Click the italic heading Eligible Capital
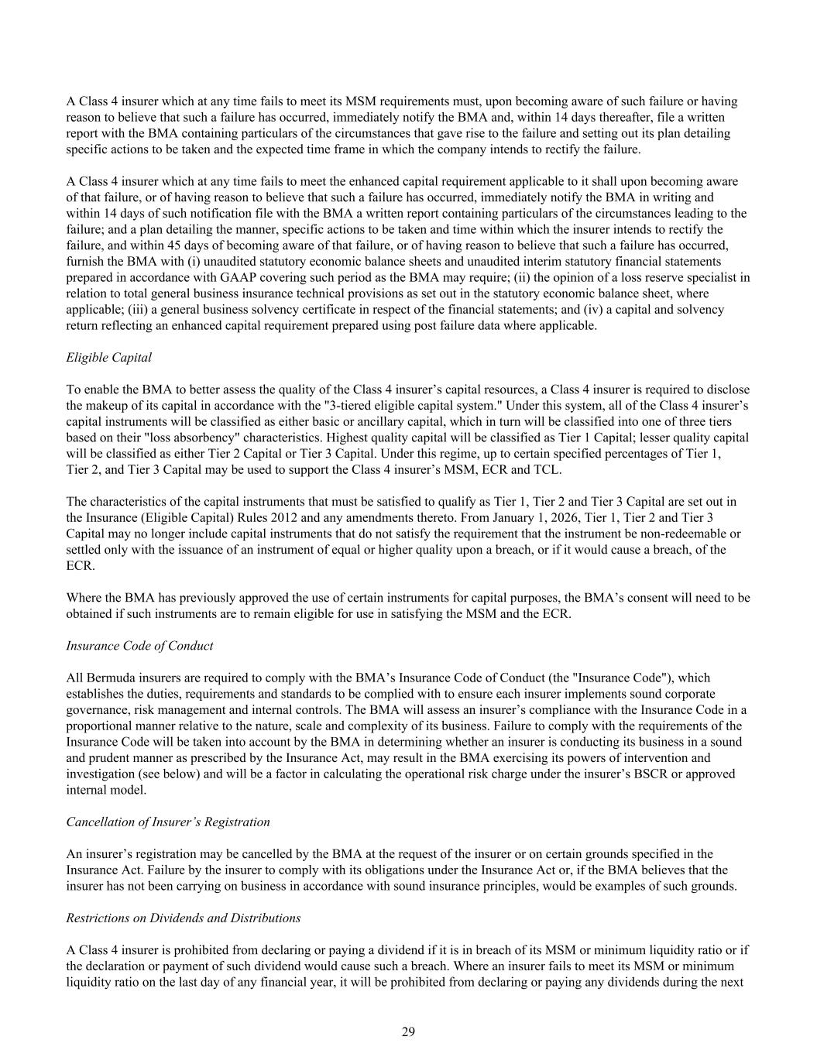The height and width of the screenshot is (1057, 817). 109,357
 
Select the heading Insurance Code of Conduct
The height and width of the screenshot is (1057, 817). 139,645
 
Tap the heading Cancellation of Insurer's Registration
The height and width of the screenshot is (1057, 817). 168,822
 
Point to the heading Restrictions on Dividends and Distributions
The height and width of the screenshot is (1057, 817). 184,918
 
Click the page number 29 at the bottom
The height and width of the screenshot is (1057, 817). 408,1031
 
